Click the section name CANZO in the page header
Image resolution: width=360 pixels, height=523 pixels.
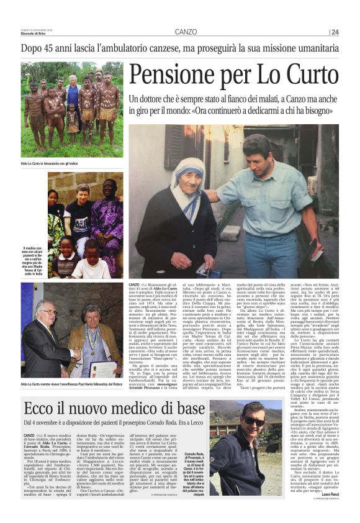point(186,32)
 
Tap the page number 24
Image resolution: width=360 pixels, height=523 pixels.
point(335,32)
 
